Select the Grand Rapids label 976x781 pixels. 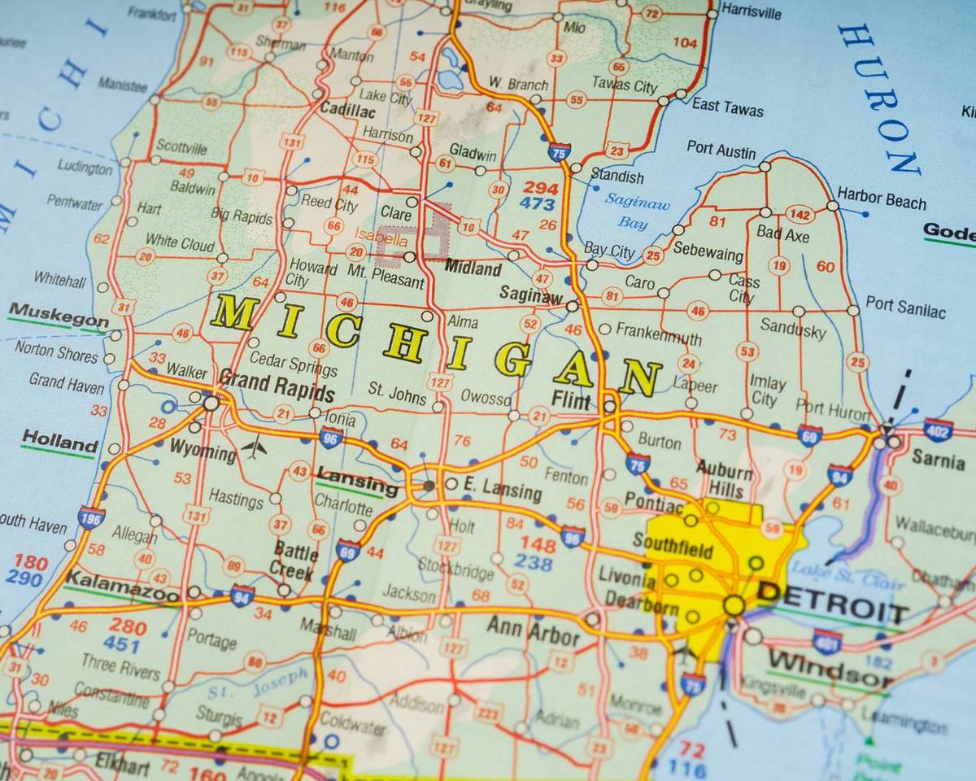click(x=277, y=385)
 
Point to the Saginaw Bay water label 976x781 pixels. click(x=637, y=211)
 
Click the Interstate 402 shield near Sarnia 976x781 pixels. click(x=938, y=430)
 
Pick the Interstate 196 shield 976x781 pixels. click(x=91, y=517)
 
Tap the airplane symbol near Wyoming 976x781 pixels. click(x=254, y=447)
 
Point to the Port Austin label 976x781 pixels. click(x=721, y=151)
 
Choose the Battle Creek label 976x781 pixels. click(x=294, y=560)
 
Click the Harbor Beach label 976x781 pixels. click(x=881, y=198)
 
